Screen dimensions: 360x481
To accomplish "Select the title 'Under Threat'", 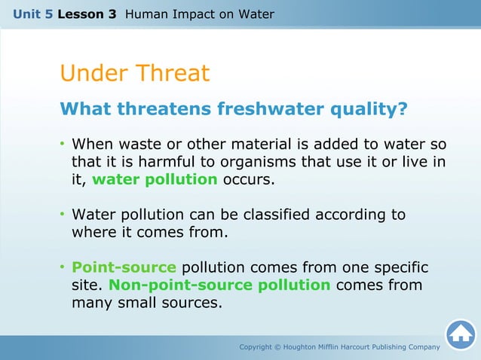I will pyautogui.click(x=134, y=74).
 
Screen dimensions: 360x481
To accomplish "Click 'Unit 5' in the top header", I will pyautogui.click(x=32, y=14).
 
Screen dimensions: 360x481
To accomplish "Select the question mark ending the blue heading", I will pyautogui.click(x=403, y=110).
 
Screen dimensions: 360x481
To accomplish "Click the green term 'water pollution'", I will pyautogui.click(x=155, y=180).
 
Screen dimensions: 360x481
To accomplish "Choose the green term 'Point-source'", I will pyautogui.click(x=124, y=267).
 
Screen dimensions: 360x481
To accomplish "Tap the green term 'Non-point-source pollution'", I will pyautogui.click(x=219, y=285).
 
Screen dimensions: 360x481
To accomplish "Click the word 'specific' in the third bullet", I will pyautogui.click(x=399, y=267).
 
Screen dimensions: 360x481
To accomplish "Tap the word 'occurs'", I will pyautogui.click(x=249, y=180).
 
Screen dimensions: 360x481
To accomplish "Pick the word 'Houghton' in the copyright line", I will pyautogui.click(x=305, y=346).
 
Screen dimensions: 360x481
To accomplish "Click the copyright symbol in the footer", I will pyautogui.click(x=277, y=346).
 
